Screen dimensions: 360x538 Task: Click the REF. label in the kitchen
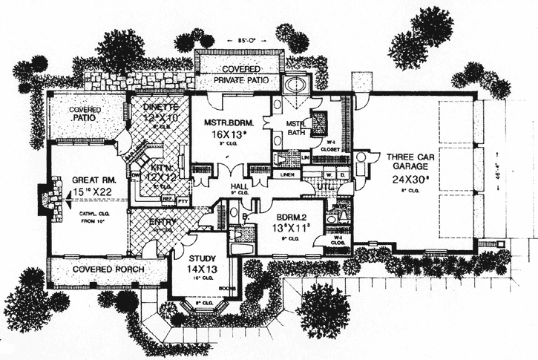(x=167, y=200)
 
